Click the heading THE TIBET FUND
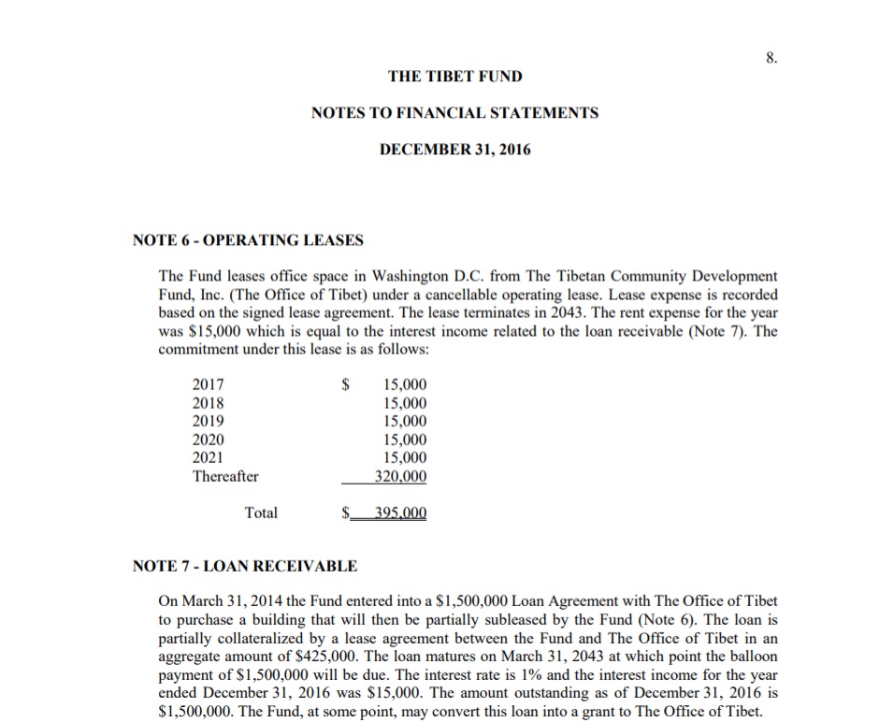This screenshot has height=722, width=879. pos(454,76)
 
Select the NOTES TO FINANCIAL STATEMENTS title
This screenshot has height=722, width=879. pos(454,113)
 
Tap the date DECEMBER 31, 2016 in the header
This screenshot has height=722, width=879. pos(454,150)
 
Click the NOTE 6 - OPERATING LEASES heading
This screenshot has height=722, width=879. pos(248,240)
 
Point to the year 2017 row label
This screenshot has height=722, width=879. pos(208,384)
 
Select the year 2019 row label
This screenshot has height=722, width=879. pos(208,421)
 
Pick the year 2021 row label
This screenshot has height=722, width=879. pos(208,457)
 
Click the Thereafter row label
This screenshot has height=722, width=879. pos(225,476)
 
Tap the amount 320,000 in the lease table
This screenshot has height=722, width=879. pos(400,476)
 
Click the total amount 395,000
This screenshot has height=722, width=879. pos(400,513)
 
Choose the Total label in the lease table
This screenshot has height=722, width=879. pos(261,513)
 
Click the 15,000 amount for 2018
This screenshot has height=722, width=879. pos(405,403)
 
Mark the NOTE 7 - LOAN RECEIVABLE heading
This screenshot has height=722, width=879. pos(245,566)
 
